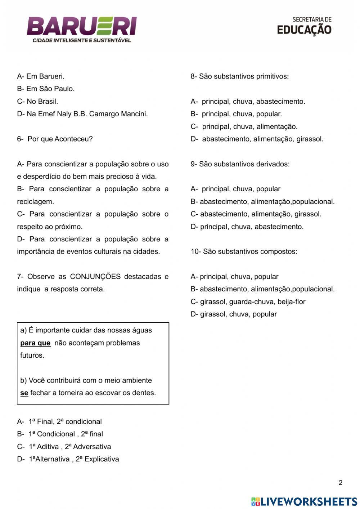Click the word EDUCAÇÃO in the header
[304, 30]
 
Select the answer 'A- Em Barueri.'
[41, 76]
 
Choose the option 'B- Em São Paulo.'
[46, 89]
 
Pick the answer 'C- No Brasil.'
[37, 102]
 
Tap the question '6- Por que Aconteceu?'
[55, 139]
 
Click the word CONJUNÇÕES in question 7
[95, 277]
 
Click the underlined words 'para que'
[35, 343]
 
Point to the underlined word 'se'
[24, 393]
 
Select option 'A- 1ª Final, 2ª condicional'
[59, 421]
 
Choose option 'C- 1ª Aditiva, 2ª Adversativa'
[64, 447]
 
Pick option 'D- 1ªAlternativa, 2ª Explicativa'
[68, 459]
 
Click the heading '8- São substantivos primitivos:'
[239, 76]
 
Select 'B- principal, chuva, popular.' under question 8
[236, 114]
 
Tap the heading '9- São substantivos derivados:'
[240, 164]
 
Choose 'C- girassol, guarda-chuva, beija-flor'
[248, 302]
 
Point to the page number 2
[341, 483]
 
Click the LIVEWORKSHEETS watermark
[304, 501]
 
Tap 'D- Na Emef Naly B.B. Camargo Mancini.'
[82, 114]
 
